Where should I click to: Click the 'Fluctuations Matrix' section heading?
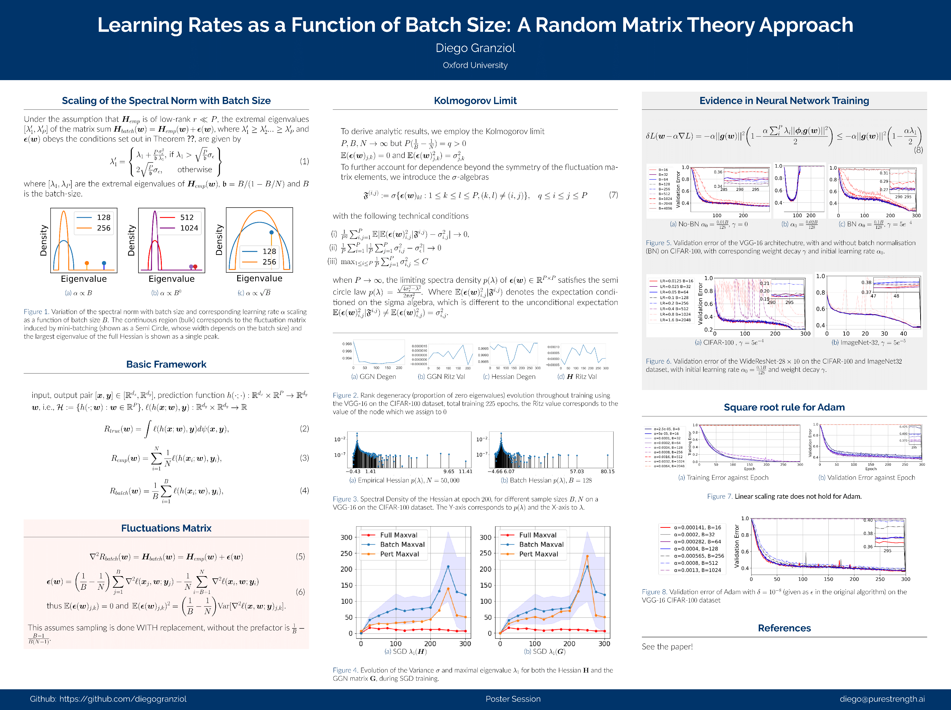click(x=166, y=528)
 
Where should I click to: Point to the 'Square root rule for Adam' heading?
click(x=784, y=408)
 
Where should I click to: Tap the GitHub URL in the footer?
click(x=123, y=699)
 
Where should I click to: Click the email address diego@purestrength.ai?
click(x=882, y=699)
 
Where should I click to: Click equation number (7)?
click(x=613, y=195)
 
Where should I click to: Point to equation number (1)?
click(x=304, y=161)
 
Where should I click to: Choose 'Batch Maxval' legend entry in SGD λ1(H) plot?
click(x=402, y=545)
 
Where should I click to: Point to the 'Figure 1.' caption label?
click(x=36, y=312)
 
